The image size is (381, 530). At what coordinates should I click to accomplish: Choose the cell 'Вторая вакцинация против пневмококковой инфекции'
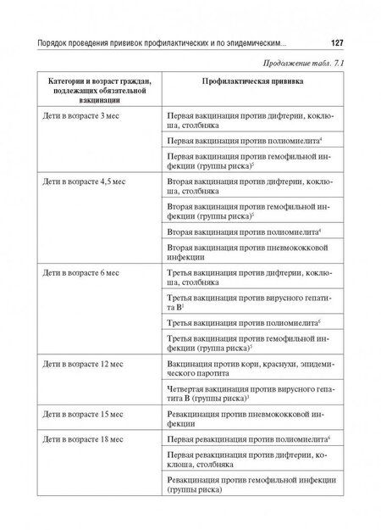coord(243,255)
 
